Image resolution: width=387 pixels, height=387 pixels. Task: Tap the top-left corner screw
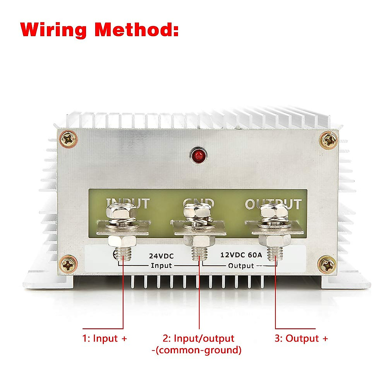click(x=69, y=139)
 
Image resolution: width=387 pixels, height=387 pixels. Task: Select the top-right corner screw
click(x=329, y=141)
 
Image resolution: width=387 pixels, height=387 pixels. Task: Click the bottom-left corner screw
click(x=69, y=265)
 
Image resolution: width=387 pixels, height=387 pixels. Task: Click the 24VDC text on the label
click(x=161, y=256)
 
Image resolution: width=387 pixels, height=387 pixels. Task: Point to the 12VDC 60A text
click(x=241, y=255)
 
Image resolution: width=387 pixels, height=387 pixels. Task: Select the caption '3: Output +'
click(x=301, y=339)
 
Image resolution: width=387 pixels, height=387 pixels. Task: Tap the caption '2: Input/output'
click(x=198, y=339)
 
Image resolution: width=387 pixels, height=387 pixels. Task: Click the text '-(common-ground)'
click(x=196, y=350)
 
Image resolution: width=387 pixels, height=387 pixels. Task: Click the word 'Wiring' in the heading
click(x=54, y=30)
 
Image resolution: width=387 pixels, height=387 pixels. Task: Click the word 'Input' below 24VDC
click(x=161, y=266)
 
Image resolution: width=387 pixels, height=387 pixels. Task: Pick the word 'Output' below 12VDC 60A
click(x=241, y=266)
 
